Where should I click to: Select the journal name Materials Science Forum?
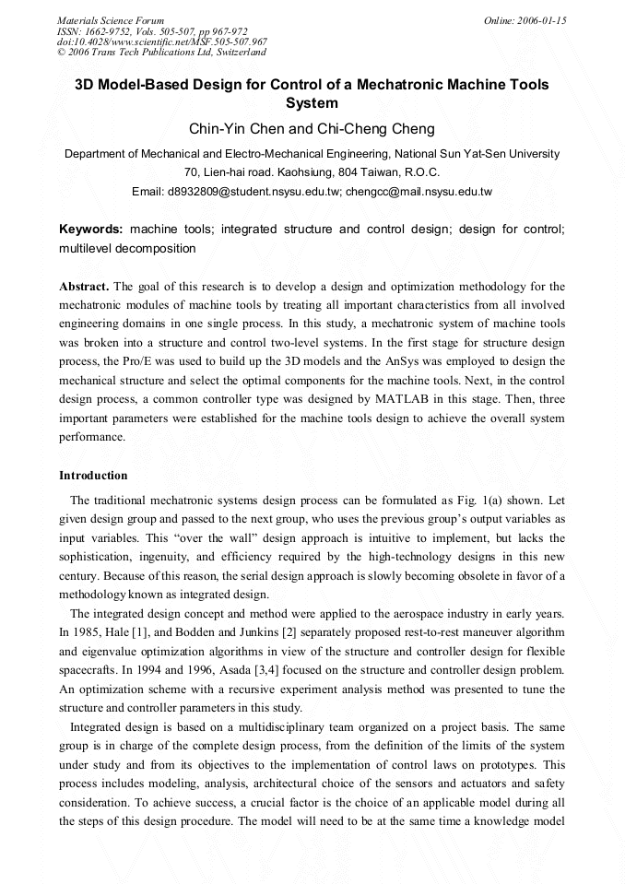(x=111, y=20)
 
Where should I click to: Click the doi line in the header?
(x=162, y=41)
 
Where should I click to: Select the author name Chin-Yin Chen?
(x=234, y=129)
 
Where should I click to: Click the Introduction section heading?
(x=93, y=476)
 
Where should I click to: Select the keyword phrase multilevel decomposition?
(x=127, y=248)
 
